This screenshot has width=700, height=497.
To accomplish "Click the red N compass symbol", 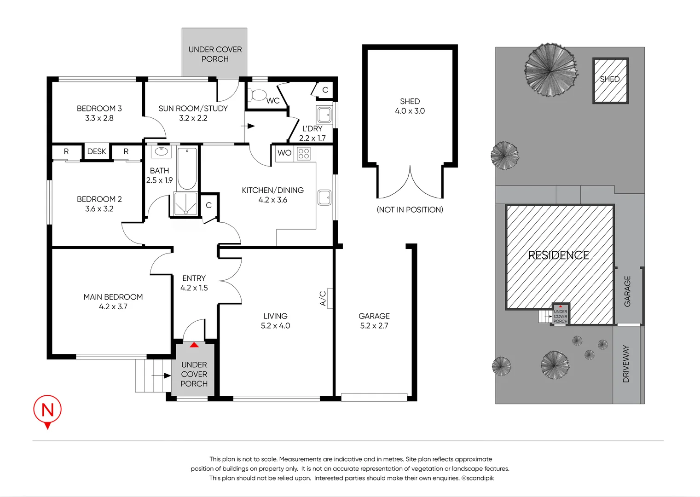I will point(47,410).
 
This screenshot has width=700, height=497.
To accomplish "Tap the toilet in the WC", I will point(257,95).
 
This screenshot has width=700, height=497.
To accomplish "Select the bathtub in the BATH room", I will point(187,168).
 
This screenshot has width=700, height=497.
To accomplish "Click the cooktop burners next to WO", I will point(304,153).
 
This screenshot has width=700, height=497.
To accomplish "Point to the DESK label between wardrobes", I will point(97,151).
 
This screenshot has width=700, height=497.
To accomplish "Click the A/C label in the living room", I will point(323,298).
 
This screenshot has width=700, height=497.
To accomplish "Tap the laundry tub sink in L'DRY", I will point(324,114).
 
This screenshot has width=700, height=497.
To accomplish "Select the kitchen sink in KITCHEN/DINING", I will point(324,197).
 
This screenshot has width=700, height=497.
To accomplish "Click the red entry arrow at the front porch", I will point(194,344).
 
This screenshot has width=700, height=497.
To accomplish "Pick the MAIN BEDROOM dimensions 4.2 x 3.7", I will point(113,306).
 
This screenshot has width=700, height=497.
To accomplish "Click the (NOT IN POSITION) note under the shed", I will point(410,210).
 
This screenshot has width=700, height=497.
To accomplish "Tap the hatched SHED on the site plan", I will point(610,81).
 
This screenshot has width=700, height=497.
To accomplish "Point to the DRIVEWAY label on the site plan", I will point(626,364).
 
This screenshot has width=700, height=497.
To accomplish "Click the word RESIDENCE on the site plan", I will point(558,255).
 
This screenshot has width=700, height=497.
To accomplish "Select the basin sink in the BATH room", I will point(161,151).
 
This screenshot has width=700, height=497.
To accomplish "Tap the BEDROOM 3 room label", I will point(99,109).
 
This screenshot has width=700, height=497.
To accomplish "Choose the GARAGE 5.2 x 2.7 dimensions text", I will point(374,326).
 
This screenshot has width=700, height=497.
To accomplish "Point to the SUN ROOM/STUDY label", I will point(193,109).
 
